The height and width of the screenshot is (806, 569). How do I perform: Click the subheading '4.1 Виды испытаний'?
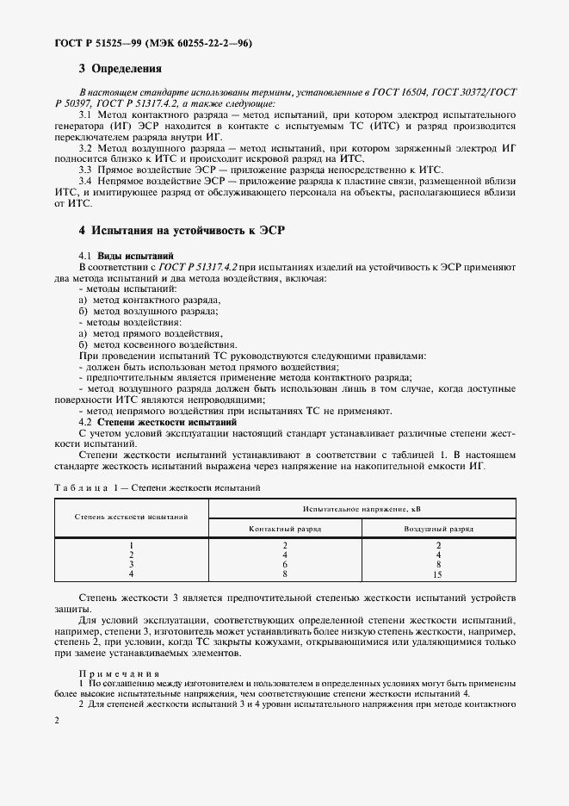127,256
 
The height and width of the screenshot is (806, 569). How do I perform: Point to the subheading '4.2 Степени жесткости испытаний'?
158,423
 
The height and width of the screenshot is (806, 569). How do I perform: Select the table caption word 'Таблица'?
80,487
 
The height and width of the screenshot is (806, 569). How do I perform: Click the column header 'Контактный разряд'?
284,528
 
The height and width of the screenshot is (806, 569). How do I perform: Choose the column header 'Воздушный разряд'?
438,528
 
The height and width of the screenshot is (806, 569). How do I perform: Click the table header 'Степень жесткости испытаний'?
131,518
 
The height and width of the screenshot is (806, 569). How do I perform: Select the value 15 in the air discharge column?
438,573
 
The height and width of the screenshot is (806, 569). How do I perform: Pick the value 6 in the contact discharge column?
284,564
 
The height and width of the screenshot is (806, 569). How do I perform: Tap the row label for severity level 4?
131,573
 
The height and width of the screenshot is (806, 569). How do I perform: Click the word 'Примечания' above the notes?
108,673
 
